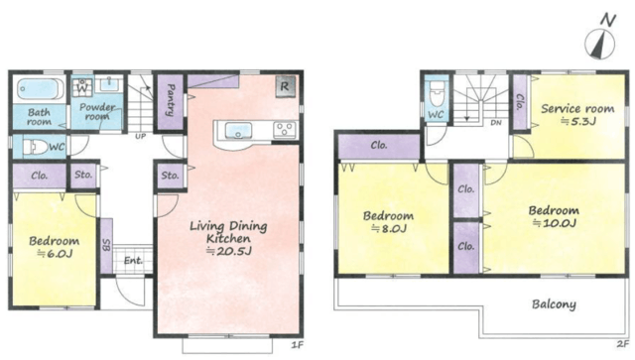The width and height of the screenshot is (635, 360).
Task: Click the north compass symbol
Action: coord(600,43)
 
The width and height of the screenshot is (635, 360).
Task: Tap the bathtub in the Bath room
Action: coord(40,88)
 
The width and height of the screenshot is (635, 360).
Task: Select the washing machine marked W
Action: coord(82,87)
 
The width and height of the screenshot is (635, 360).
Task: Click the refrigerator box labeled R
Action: coord(285,86)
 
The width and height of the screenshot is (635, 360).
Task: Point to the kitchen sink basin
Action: coord(238,131)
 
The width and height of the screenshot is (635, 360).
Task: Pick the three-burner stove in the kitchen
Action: coord(285,130)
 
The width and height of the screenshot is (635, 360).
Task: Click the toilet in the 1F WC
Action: coord(36,147)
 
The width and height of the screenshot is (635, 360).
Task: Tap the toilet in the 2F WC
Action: coord(437,93)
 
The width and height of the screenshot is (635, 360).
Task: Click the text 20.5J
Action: coord(229,251)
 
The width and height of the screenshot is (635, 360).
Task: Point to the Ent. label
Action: coord(133,261)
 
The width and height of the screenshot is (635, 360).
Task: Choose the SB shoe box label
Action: coord(106,245)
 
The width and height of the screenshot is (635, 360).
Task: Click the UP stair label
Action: coord(141,137)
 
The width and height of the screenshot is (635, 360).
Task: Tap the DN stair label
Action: coord(496,123)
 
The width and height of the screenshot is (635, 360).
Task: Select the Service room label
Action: coord(577,108)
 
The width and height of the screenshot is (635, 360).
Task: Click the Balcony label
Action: coord(554,304)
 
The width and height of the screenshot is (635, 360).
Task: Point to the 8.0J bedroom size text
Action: coord(389,228)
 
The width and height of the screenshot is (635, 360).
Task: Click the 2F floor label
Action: coord(623,344)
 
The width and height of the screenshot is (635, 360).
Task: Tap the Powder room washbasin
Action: coord(109,84)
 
